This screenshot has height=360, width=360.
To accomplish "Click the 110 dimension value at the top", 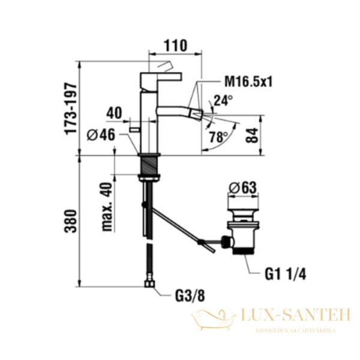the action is (x=175, y=46).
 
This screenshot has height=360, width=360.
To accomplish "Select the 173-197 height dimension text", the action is (x=71, y=109).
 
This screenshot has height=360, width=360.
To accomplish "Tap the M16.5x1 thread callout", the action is (x=248, y=82).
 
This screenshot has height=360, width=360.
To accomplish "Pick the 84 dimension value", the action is (x=252, y=136).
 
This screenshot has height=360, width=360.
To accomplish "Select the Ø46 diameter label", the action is (x=101, y=134).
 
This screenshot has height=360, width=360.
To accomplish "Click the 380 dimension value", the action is (x=70, y=221).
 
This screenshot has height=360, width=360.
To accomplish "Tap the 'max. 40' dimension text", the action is (x=107, y=206).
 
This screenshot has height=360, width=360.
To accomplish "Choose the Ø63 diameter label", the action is (x=242, y=188).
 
